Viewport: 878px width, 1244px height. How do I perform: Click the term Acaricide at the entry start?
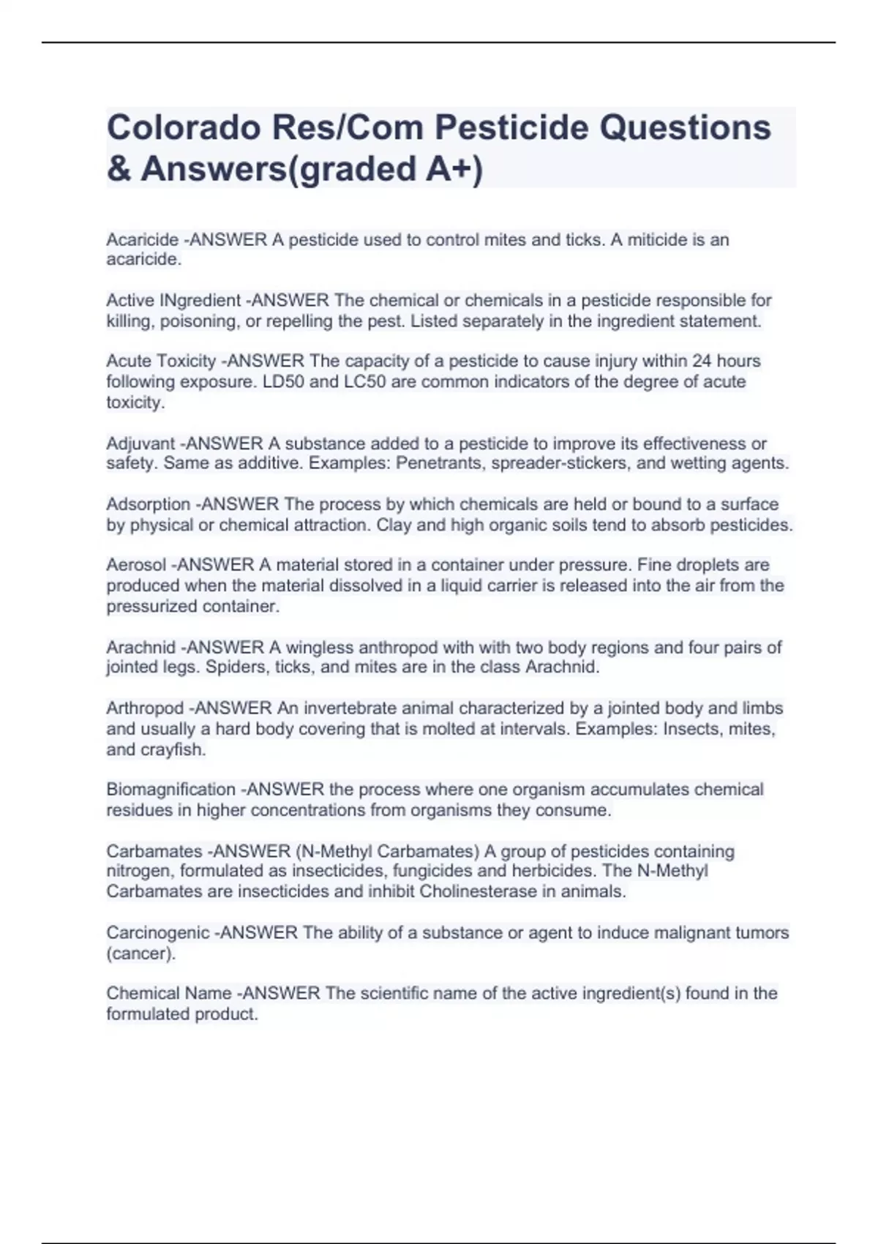[x=142, y=240]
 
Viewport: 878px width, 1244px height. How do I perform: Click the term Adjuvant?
[x=140, y=443]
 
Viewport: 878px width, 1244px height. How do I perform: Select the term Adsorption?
[x=148, y=504]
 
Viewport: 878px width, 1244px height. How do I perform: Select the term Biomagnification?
[x=170, y=790]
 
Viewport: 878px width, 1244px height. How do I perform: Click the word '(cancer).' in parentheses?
[x=140, y=954]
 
